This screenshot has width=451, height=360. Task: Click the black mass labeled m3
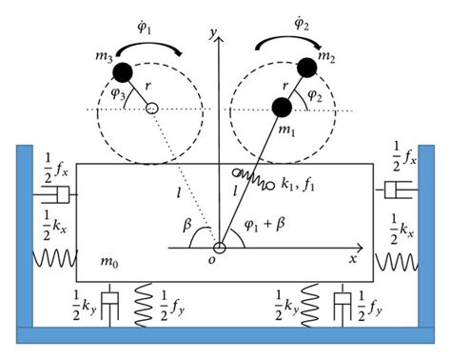coord(121,71)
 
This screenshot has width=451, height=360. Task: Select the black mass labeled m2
coord(305,67)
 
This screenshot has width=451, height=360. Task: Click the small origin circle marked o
coord(219,249)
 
